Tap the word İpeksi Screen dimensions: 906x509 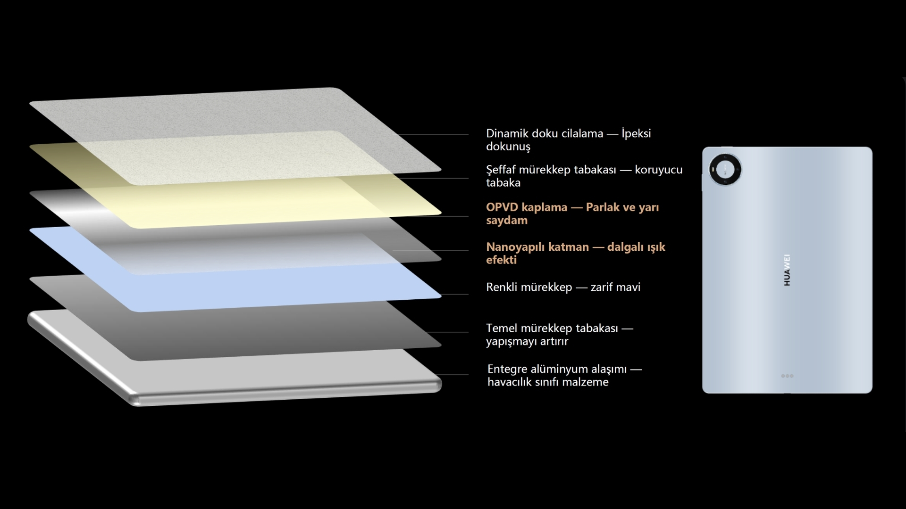tap(636, 133)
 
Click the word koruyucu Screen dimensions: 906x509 tap(658, 170)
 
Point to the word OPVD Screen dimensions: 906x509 tap(502, 207)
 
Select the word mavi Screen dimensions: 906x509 tap(629, 287)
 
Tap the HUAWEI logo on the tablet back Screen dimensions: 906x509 tap(787, 270)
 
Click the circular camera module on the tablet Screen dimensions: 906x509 tap(725, 170)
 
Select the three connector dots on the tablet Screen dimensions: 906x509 tap(787, 376)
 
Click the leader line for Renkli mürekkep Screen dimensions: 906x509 tap(454, 295)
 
